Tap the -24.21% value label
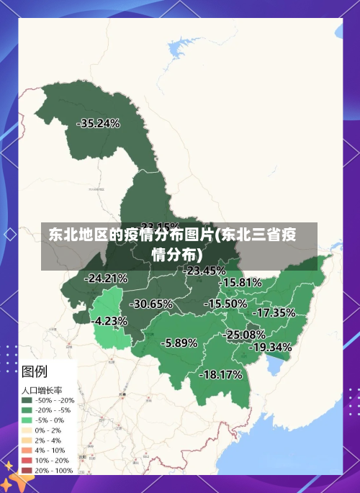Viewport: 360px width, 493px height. click(x=106, y=278)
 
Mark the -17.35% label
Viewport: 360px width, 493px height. click(x=274, y=312)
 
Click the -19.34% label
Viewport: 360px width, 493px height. click(x=270, y=347)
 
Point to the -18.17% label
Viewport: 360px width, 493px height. click(x=220, y=374)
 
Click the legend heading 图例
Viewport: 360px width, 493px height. click(x=35, y=372)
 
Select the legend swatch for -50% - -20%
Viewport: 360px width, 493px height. click(x=27, y=400)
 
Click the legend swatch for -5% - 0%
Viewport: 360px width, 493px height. click(x=27, y=420)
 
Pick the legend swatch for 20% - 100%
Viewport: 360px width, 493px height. click(x=27, y=470)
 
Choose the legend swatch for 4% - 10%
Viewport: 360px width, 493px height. click(x=27, y=450)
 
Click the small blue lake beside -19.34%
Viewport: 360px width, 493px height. click(x=274, y=368)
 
